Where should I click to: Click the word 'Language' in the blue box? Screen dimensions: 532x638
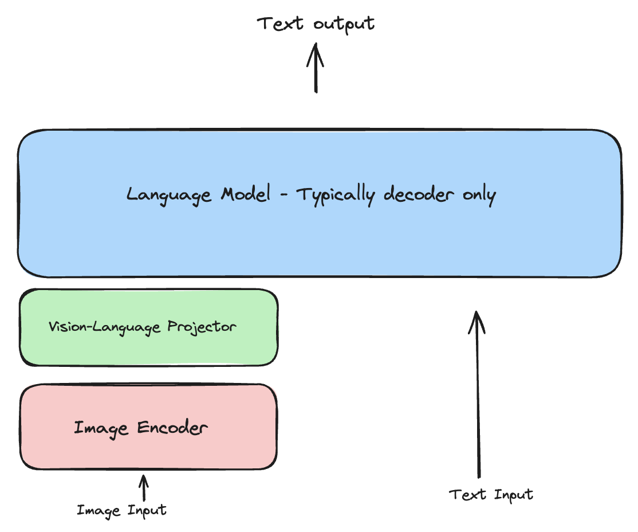(x=169, y=195)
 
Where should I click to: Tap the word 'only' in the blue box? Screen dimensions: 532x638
(x=479, y=195)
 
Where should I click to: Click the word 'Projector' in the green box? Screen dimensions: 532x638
(x=202, y=327)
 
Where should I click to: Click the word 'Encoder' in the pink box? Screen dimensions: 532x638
(x=172, y=428)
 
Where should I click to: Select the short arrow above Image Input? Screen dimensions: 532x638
(x=144, y=488)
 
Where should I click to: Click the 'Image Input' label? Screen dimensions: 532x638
(x=121, y=510)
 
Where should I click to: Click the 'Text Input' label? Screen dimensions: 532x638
(x=491, y=495)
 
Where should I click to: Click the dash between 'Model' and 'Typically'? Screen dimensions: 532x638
(x=283, y=195)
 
